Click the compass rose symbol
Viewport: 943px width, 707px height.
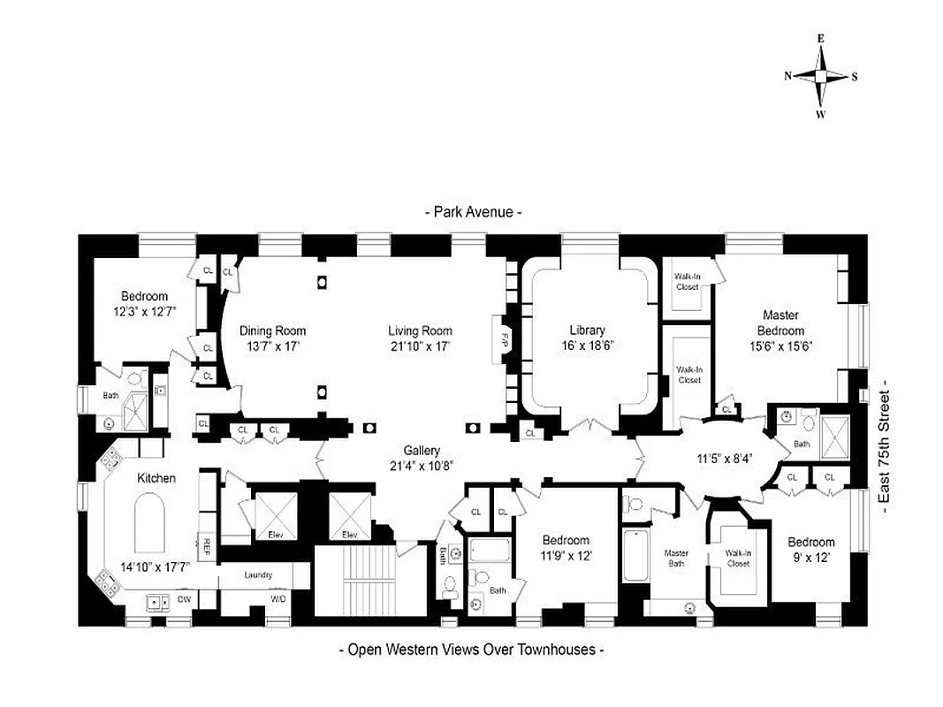820,76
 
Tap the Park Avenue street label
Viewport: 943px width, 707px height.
473,212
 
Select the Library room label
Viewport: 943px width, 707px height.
587,331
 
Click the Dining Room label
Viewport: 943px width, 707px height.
272,331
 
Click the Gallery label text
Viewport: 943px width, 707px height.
422,450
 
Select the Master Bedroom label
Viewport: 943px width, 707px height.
780,323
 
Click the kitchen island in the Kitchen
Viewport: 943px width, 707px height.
151,524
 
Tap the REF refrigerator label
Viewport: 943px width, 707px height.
206,544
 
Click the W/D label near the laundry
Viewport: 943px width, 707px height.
278,599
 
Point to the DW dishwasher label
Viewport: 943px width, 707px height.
185,599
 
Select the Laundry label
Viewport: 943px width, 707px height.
258,575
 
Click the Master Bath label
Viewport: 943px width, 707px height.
676,559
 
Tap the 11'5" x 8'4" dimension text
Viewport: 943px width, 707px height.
724,459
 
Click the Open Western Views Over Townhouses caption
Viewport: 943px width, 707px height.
472,650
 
